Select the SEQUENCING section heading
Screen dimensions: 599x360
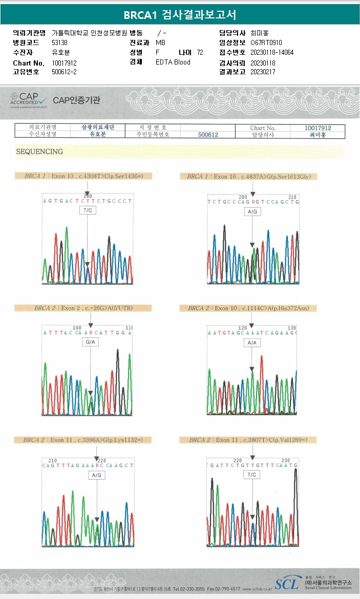tap(39, 152)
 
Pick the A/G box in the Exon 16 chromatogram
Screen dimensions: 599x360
tap(252, 211)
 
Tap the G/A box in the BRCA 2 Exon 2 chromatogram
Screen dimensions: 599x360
tap(90, 342)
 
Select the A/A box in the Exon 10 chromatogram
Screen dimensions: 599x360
tap(252, 343)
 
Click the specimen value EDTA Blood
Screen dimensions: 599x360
tap(173, 62)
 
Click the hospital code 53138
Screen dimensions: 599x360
tap(59, 43)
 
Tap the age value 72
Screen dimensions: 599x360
tap(200, 53)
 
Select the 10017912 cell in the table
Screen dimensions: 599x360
tap(318, 128)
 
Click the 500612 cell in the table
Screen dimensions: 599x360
tap(208, 135)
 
